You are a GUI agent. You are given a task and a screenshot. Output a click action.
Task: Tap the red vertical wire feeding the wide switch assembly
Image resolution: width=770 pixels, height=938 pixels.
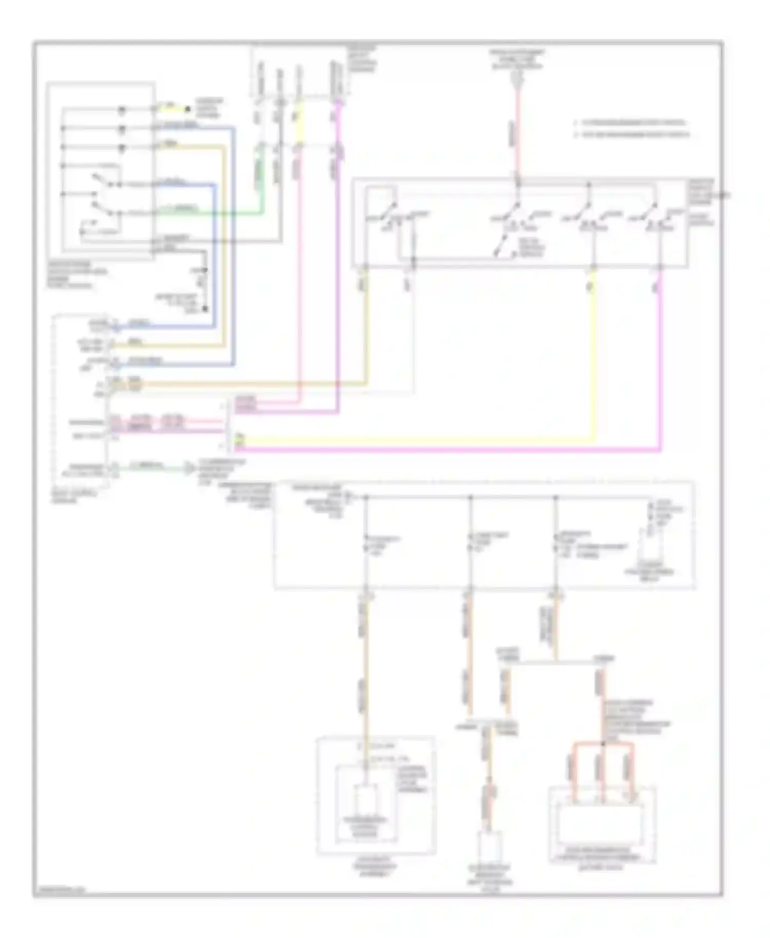517,139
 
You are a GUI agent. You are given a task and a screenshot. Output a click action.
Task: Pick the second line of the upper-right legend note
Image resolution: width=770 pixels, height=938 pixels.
632,135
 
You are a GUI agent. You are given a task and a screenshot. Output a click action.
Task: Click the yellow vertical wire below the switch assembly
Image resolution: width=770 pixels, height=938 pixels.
594,359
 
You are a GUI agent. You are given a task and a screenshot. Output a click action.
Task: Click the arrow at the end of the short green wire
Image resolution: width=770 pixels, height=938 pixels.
190,468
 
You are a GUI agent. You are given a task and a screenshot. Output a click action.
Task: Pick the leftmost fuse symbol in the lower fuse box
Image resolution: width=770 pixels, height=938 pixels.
366,543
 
